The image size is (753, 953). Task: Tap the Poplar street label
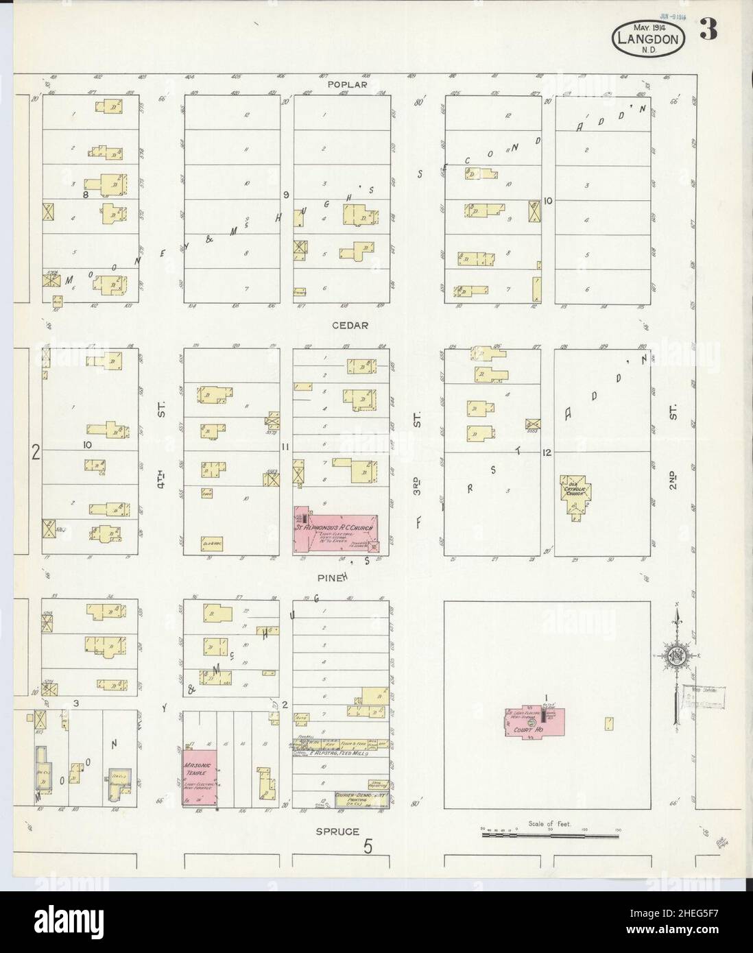point(348,84)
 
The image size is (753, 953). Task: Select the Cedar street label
point(351,326)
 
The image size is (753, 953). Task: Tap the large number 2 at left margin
point(36,452)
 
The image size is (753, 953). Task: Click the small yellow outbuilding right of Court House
point(608,723)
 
